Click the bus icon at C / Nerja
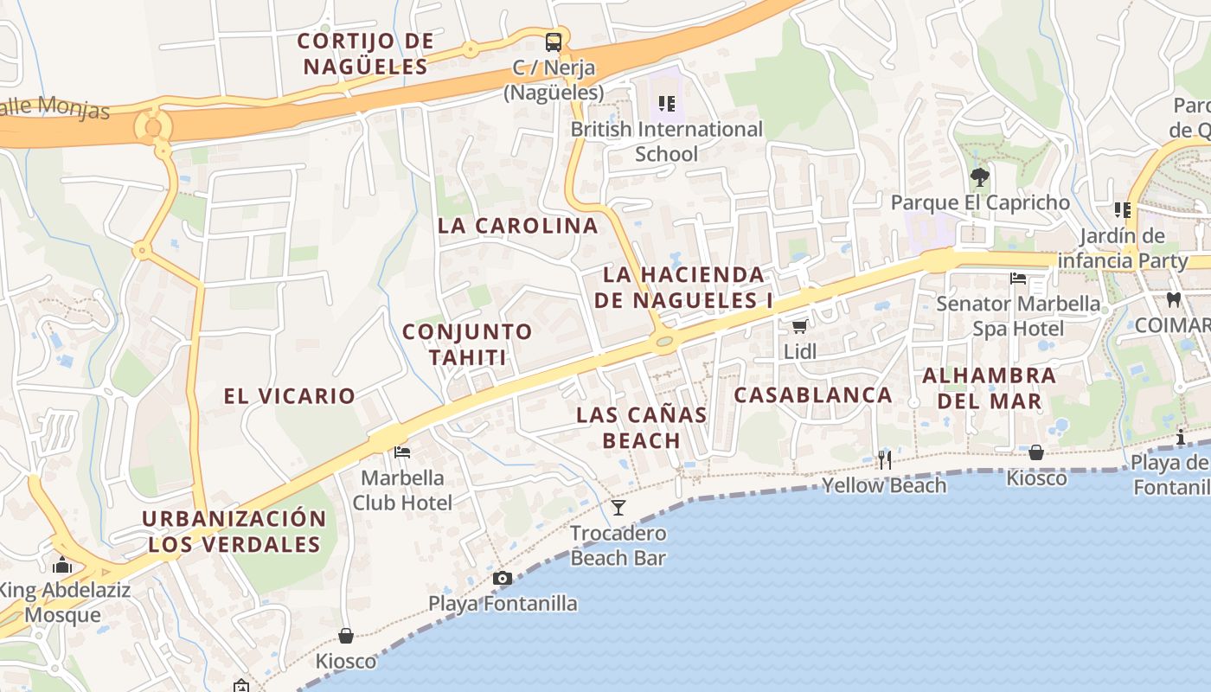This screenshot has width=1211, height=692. [x=553, y=42]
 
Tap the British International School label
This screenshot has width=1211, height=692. [x=666, y=142]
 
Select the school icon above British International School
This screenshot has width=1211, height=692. [x=666, y=104]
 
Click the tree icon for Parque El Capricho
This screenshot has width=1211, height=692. [x=979, y=177]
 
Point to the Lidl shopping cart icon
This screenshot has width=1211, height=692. [x=799, y=326]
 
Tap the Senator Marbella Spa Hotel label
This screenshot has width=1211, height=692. [x=1018, y=317]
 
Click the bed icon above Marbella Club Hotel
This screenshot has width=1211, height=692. [x=402, y=452]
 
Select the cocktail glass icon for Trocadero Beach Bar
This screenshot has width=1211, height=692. [x=618, y=507]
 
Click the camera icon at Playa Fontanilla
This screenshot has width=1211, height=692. [x=503, y=578]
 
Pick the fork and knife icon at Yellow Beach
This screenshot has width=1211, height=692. [x=884, y=459]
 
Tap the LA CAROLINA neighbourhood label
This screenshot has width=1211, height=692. [x=517, y=226]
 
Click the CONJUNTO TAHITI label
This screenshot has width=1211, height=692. [x=467, y=344]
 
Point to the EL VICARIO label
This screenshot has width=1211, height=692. [x=289, y=396]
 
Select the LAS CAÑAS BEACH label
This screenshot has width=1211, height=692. [x=642, y=427]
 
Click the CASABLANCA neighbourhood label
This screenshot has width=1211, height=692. [x=813, y=394]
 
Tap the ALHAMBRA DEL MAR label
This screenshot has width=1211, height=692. [x=989, y=388]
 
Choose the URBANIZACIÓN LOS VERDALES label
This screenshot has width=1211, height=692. [x=234, y=531]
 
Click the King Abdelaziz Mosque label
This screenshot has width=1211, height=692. [x=64, y=603]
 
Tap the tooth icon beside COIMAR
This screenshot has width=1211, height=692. [x=1173, y=300]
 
